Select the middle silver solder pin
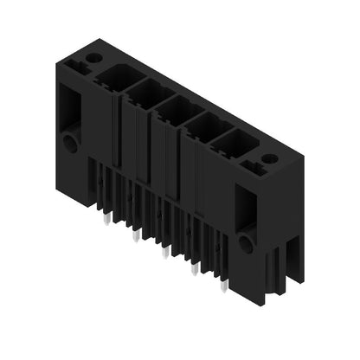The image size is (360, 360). click(x=164, y=252)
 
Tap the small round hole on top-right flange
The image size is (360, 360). click(x=269, y=158)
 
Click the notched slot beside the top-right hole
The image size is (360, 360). click(x=254, y=162)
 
